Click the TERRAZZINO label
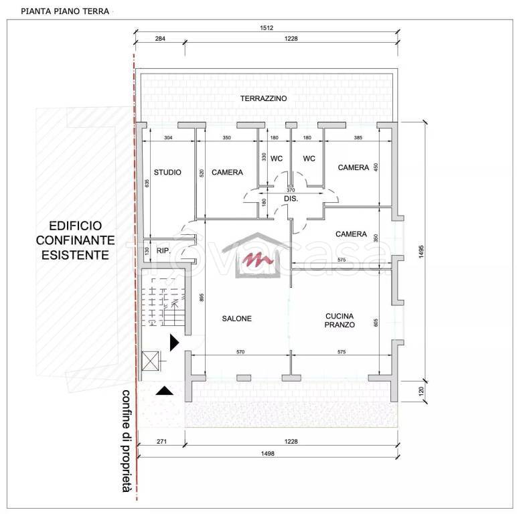pos(263,98)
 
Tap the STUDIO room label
pos(167,172)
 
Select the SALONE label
pos(237,319)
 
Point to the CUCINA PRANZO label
pos(340,321)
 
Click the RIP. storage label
pos(163,251)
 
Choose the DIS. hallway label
pos(291,199)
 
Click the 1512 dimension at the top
pos(267,28)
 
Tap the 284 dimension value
pos(160,39)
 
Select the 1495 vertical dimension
pos(421,252)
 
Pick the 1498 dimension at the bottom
pos(267,454)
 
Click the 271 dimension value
pos(161,442)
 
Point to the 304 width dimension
pos(168,138)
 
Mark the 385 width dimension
pos(358,138)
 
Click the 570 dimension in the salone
pos(240,352)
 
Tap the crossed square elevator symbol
pos(150,361)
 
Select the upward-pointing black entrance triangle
pos(164,391)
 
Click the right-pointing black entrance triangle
pos(174,343)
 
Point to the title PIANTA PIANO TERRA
pos(65,11)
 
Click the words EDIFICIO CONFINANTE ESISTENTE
pos(75,240)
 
